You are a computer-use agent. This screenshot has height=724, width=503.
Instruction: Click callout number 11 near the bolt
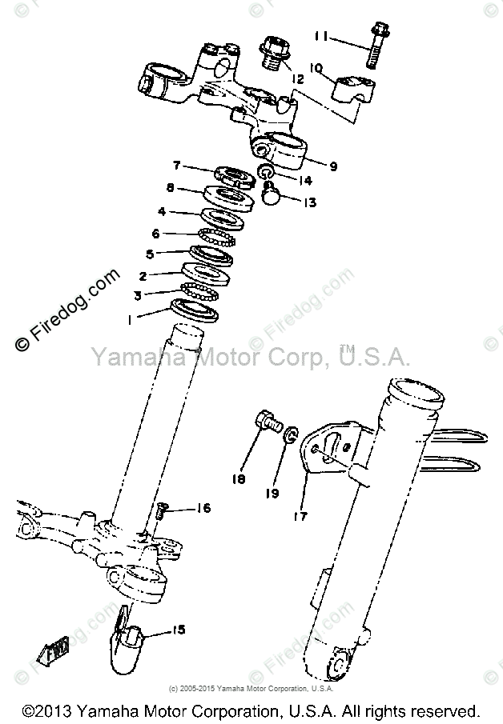click(x=322, y=36)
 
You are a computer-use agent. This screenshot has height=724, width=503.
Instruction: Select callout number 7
click(x=178, y=166)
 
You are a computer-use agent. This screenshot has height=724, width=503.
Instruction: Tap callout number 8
click(x=171, y=189)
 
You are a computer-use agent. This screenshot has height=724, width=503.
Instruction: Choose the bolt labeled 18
click(x=268, y=421)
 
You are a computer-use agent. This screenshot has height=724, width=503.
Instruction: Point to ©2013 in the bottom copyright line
click(x=51, y=710)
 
